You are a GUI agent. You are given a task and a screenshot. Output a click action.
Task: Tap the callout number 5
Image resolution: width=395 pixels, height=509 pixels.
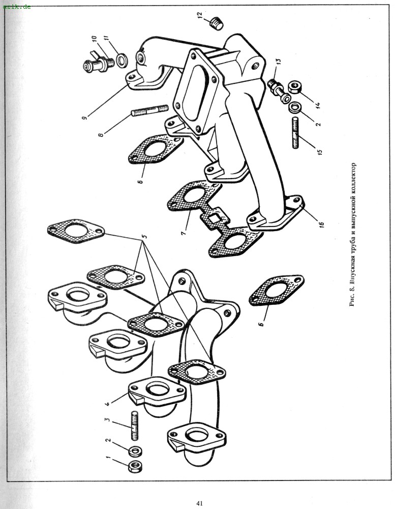coord(145,237)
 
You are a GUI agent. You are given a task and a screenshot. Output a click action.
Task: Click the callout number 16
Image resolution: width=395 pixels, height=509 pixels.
coord(321,222)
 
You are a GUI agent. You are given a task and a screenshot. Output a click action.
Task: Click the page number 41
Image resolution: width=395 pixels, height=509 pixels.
coord(199,503)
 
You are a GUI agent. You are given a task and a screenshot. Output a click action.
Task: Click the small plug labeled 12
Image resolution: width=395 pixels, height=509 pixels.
coord(218,23)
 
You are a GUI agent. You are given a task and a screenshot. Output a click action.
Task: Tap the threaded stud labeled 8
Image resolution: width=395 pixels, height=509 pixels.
coord(150,110)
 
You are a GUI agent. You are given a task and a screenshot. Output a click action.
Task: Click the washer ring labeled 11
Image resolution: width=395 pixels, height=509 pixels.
coord(123,61)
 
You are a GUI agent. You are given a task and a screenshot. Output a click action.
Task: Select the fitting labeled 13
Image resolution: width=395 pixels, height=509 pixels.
coord(277,88)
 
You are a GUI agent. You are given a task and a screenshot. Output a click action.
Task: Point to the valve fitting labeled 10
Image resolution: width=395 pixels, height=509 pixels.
coord(97,63)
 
